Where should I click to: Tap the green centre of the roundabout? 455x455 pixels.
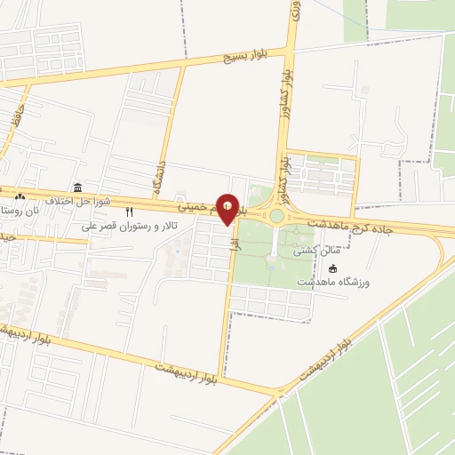[276, 216]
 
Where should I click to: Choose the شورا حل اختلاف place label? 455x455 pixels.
[79, 200]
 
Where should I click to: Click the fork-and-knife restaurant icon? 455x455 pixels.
[130, 212]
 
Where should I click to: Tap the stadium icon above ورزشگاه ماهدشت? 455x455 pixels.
[333, 268]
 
